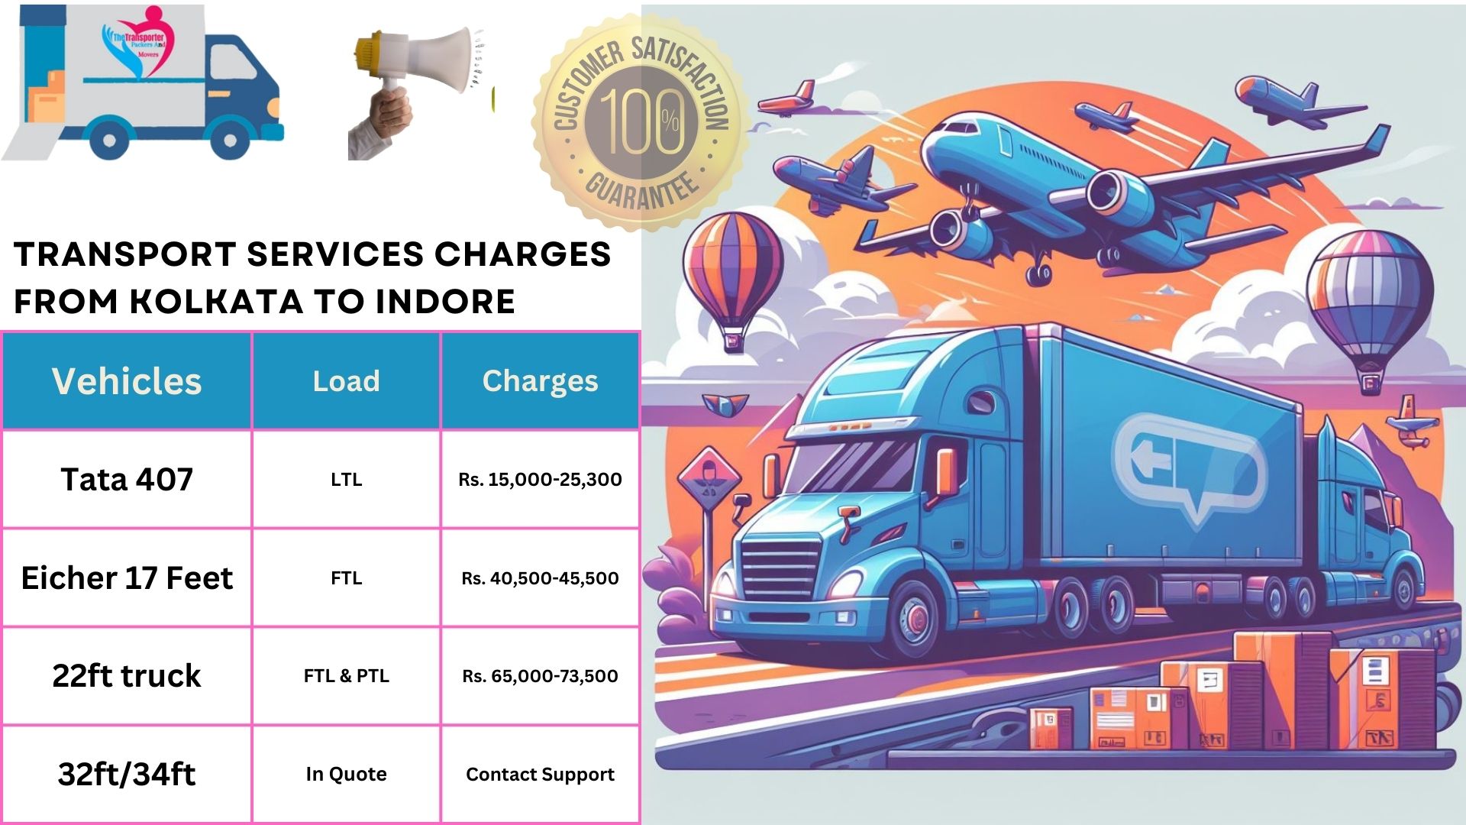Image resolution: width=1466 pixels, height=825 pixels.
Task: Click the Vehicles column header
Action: (x=127, y=380)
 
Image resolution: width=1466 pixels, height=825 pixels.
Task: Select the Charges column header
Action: (x=540, y=380)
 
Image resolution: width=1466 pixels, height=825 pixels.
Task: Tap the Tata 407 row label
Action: (x=127, y=479)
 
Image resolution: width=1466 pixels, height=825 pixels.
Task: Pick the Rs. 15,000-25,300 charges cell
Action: (x=540, y=479)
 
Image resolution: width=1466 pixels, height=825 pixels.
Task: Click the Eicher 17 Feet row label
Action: (x=127, y=577)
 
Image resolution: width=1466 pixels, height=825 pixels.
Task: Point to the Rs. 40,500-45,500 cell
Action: (x=540, y=577)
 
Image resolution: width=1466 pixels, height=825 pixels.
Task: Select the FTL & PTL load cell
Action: (x=346, y=675)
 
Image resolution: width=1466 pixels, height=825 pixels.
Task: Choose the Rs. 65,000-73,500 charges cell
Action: (x=540, y=675)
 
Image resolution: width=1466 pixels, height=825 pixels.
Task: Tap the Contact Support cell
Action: (x=540, y=774)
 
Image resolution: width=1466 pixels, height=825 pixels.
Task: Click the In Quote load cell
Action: (x=346, y=774)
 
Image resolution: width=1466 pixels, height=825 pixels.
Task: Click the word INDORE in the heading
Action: (x=445, y=302)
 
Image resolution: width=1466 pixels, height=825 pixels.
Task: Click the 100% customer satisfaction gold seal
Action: (x=641, y=122)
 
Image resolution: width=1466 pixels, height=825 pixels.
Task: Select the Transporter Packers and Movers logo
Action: (x=139, y=46)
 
